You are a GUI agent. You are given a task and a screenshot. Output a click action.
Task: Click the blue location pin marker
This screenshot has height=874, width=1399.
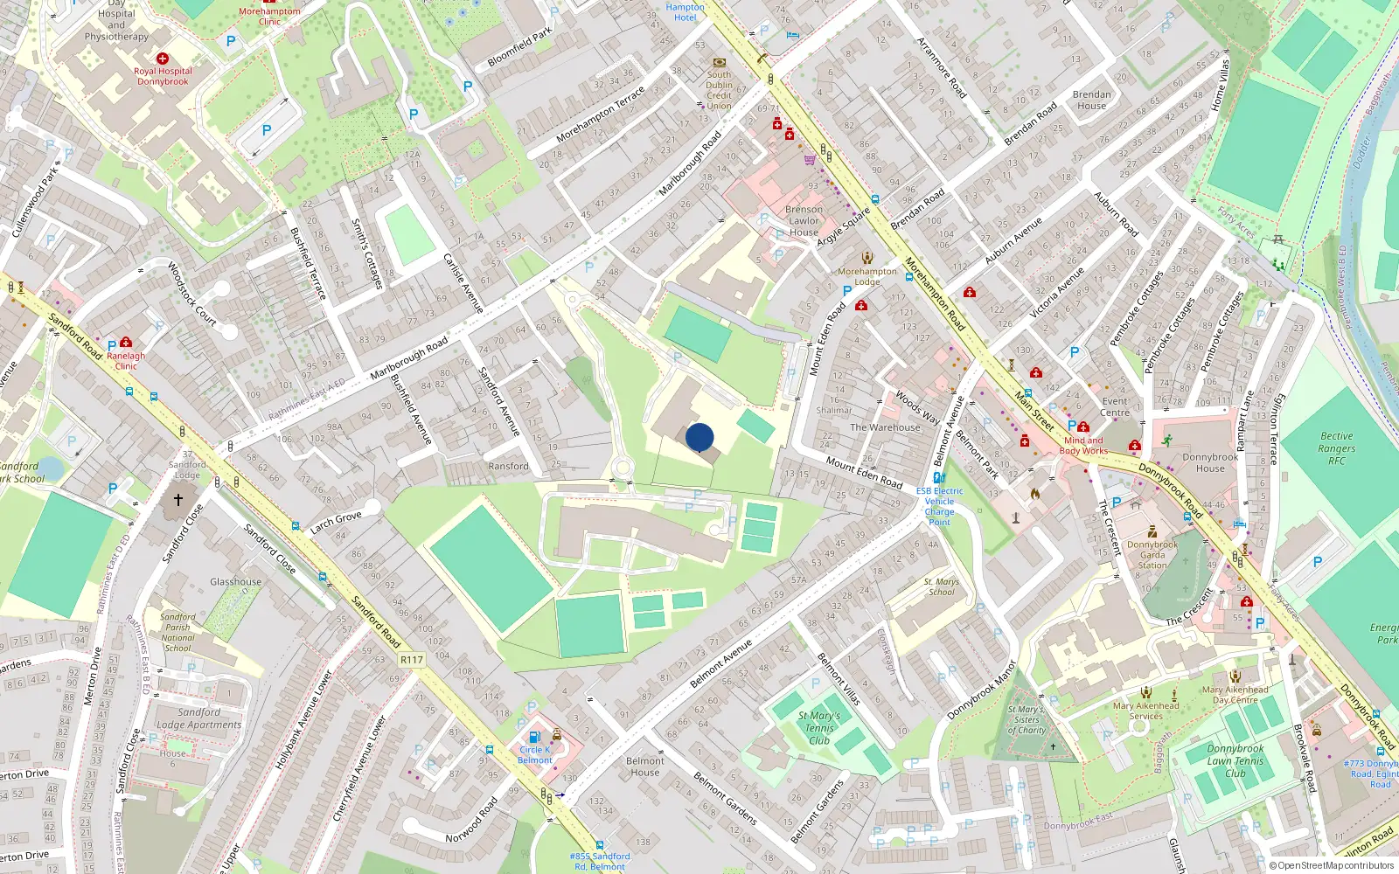699,437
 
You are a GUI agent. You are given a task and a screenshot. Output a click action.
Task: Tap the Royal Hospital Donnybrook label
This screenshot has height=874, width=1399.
163,76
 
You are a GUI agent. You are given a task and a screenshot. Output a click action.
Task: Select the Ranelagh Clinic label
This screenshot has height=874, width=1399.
126,360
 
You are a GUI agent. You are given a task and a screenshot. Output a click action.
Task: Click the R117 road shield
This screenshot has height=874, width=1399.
411,660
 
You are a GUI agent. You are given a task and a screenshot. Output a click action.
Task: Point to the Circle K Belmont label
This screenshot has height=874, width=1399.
534,755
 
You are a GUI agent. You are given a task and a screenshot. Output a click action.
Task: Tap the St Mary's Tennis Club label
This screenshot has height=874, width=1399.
819,728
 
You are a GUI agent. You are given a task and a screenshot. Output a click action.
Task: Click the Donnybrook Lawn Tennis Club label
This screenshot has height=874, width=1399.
1235,760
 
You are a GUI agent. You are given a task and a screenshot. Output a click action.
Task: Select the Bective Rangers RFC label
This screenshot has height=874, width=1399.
1336,448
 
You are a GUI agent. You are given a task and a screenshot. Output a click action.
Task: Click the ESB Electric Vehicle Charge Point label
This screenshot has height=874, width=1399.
939,506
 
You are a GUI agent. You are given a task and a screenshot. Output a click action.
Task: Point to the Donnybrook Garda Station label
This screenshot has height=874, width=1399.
1152,554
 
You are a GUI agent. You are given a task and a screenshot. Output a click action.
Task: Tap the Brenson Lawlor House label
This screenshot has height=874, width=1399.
804,221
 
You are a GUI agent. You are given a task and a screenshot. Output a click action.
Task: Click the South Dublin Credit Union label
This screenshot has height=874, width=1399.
719,90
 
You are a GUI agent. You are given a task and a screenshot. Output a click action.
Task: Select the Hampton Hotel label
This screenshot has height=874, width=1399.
685,12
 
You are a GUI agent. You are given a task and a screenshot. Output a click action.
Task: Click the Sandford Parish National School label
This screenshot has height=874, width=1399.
177,632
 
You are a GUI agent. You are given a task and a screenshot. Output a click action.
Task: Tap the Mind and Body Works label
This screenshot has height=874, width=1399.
1083,446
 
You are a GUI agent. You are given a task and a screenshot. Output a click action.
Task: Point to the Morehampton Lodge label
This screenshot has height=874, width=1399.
867,276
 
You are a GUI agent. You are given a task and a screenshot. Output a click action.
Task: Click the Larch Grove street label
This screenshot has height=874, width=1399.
336,522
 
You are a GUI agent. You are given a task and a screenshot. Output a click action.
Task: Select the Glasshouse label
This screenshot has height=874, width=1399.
235,581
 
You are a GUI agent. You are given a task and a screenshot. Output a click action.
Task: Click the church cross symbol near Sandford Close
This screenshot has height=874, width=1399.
178,500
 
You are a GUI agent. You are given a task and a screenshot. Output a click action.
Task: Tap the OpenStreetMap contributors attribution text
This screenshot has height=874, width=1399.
1331,866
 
